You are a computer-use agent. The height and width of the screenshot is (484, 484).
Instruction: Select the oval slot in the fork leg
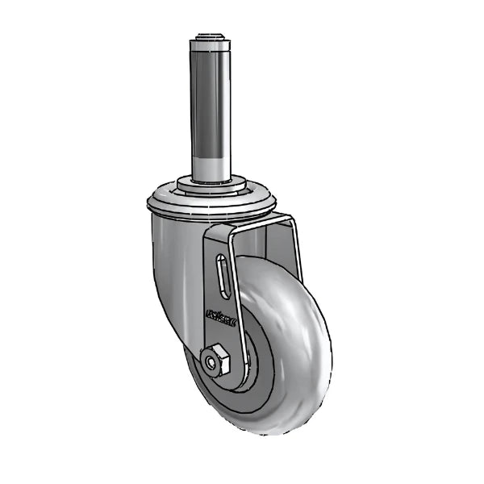pos(223,279)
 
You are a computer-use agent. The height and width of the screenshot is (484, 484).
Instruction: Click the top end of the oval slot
pos(222,260)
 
